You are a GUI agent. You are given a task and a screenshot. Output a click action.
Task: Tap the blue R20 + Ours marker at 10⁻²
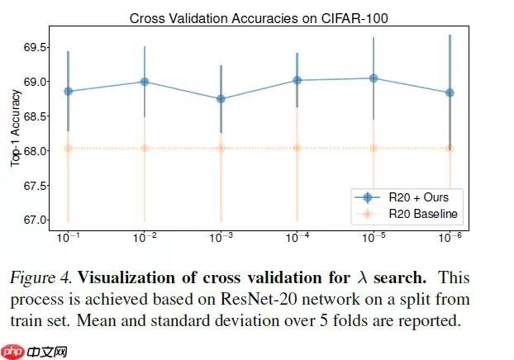pos(145,82)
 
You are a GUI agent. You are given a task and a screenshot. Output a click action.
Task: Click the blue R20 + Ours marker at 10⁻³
pos(221,99)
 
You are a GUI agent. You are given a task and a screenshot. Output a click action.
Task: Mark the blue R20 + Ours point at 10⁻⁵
pos(374,78)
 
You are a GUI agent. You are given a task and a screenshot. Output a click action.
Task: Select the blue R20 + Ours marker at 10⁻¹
pos(68,91)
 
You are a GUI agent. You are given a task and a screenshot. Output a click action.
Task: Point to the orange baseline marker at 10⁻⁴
pos(297,148)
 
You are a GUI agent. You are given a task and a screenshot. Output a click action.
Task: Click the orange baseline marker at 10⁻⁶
pos(450,148)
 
